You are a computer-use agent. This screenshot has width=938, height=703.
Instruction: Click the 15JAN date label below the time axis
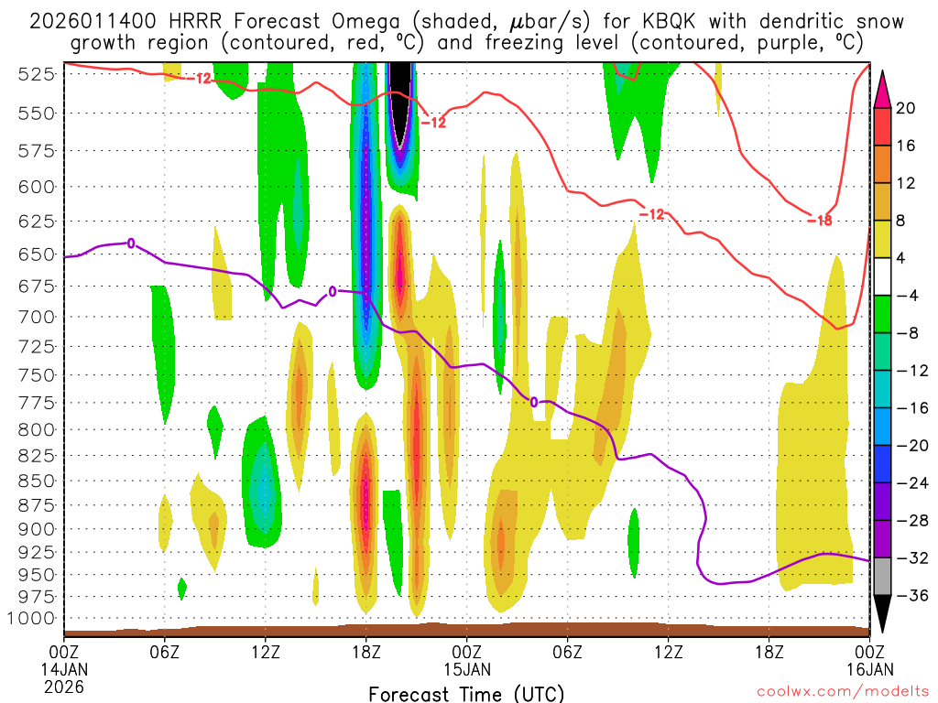coord(467,669)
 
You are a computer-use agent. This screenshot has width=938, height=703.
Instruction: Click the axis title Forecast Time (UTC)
coord(467,693)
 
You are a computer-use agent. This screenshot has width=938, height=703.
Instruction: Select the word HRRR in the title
coord(196,21)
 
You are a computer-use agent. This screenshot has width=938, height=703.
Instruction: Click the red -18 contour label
coord(820,220)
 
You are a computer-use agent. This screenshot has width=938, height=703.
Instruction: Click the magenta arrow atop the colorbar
coord(883,87)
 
